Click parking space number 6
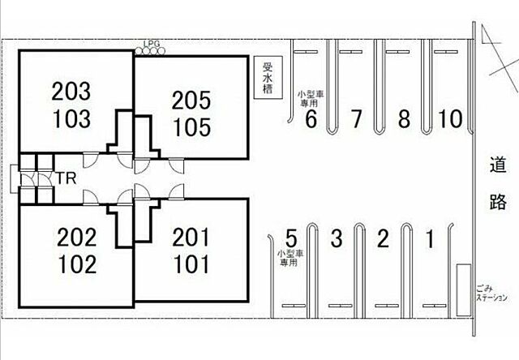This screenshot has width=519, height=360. tap(311, 120)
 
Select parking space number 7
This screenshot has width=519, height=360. tap(355, 120)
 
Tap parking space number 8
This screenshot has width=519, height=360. tap(403, 120)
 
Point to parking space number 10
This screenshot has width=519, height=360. tap(449, 120)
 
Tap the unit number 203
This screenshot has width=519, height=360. tap(72, 89)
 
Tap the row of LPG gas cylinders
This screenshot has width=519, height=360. tap(150, 52)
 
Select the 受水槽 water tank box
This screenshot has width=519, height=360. tap(267, 79)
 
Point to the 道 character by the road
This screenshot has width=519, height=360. tap(498, 167)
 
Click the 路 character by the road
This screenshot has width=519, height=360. tap(498, 202)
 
